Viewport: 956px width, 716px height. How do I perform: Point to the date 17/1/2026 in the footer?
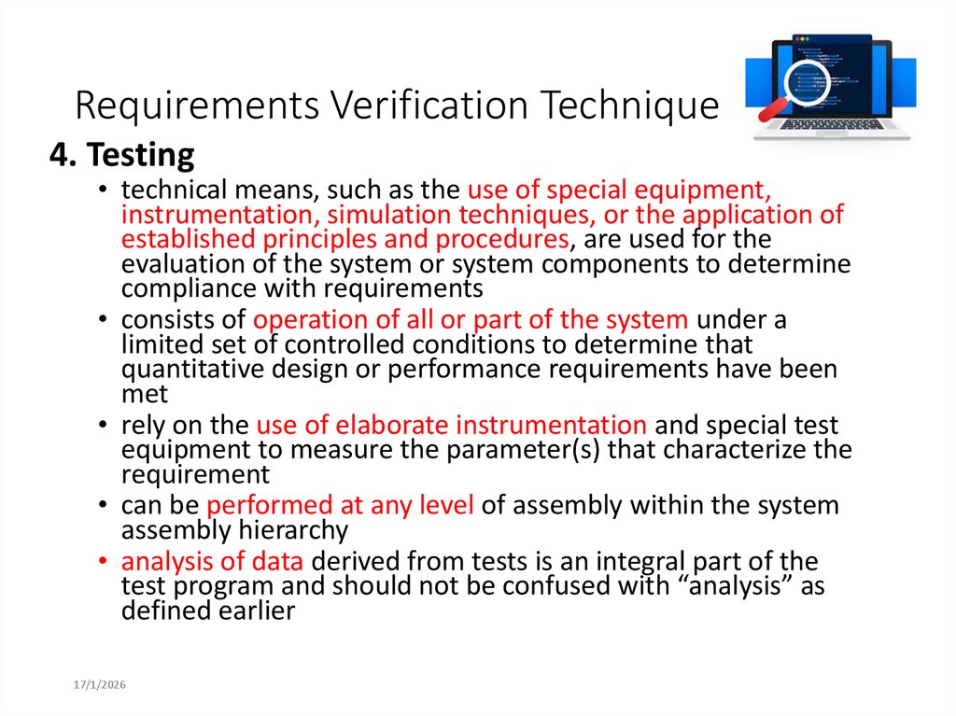coord(101,685)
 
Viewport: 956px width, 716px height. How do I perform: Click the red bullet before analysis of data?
coord(104,563)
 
